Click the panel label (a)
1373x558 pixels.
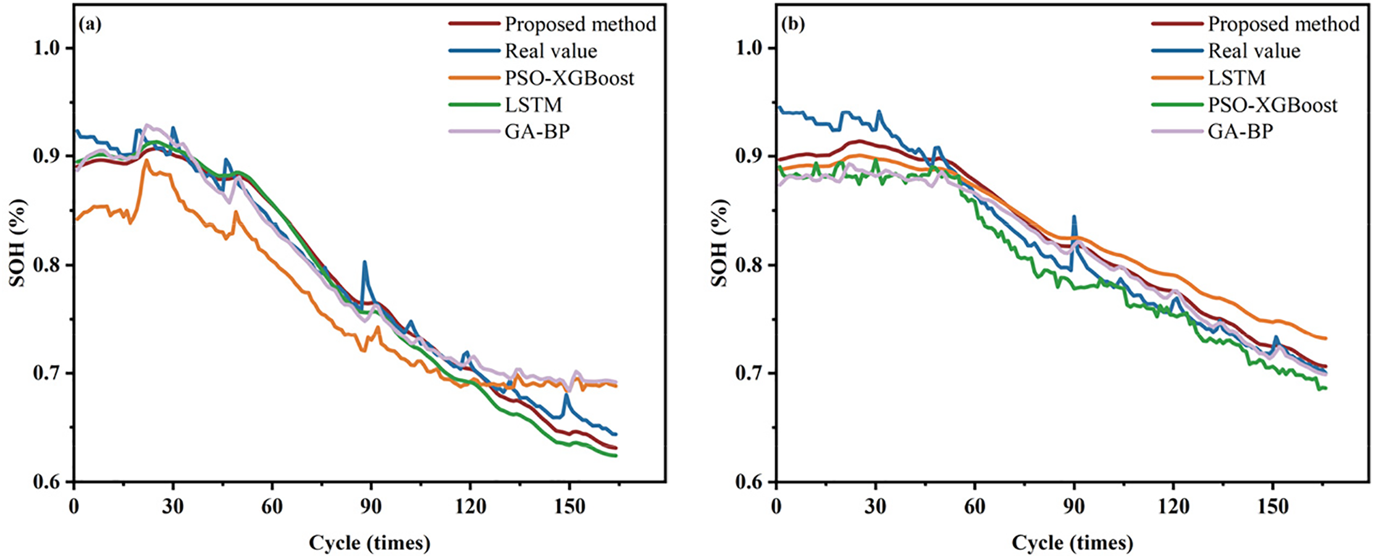[x=90, y=24]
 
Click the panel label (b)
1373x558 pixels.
[x=793, y=24]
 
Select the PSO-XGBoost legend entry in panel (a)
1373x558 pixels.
[x=569, y=78]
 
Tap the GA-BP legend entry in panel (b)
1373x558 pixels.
[x=1240, y=132]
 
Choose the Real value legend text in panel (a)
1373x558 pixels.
[x=551, y=51]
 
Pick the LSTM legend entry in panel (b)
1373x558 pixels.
[x=1237, y=78]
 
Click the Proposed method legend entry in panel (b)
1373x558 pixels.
[x=1283, y=24]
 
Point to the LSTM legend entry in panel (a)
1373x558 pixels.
[x=533, y=105]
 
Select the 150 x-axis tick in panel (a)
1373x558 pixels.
[x=569, y=507]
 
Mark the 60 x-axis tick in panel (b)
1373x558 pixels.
[x=975, y=507]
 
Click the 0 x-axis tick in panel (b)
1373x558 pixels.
[x=776, y=507]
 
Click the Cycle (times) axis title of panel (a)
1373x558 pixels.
[x=369, y=543]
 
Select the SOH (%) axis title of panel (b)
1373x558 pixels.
[x=720, y=243]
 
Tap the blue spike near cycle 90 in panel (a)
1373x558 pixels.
[x=364, y=262]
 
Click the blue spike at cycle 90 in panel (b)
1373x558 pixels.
[x=1074, y=217]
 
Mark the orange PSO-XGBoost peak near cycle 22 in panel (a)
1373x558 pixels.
[x=146, y=161]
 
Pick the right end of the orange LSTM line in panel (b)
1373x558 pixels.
[x=1325, y=338]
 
